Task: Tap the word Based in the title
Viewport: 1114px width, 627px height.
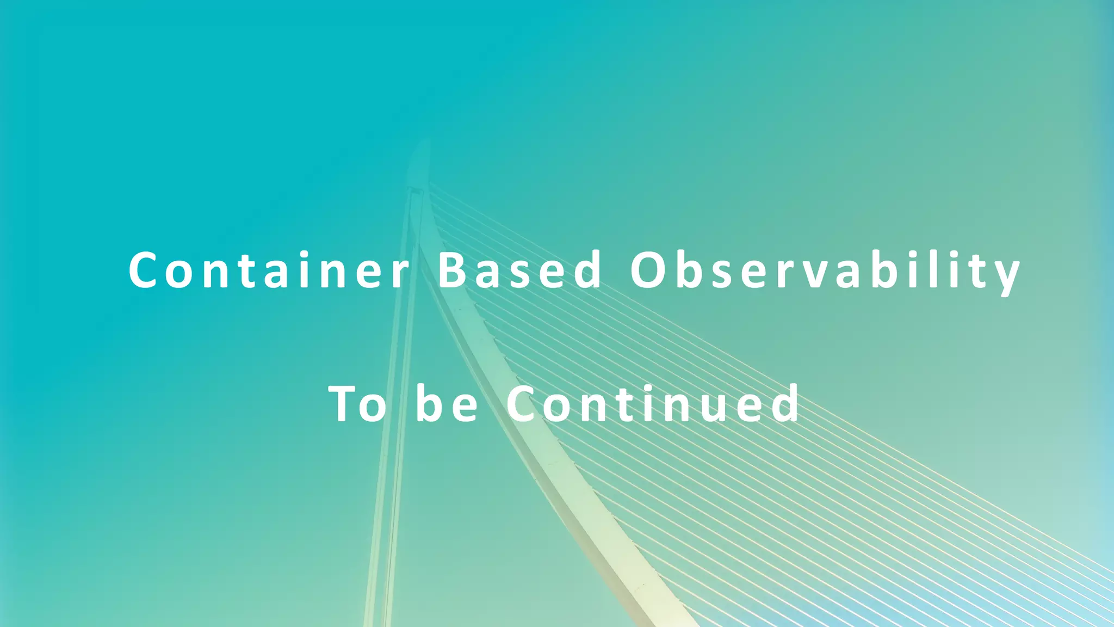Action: [519, 269]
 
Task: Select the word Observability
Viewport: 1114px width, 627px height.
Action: [825, 271]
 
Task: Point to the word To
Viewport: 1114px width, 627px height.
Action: [357, 404]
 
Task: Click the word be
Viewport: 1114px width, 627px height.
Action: [447, 404]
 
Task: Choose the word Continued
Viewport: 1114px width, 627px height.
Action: [653, 404]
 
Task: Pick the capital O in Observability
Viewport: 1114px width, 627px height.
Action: [648, 269]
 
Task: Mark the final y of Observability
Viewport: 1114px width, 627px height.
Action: [1006, 275]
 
